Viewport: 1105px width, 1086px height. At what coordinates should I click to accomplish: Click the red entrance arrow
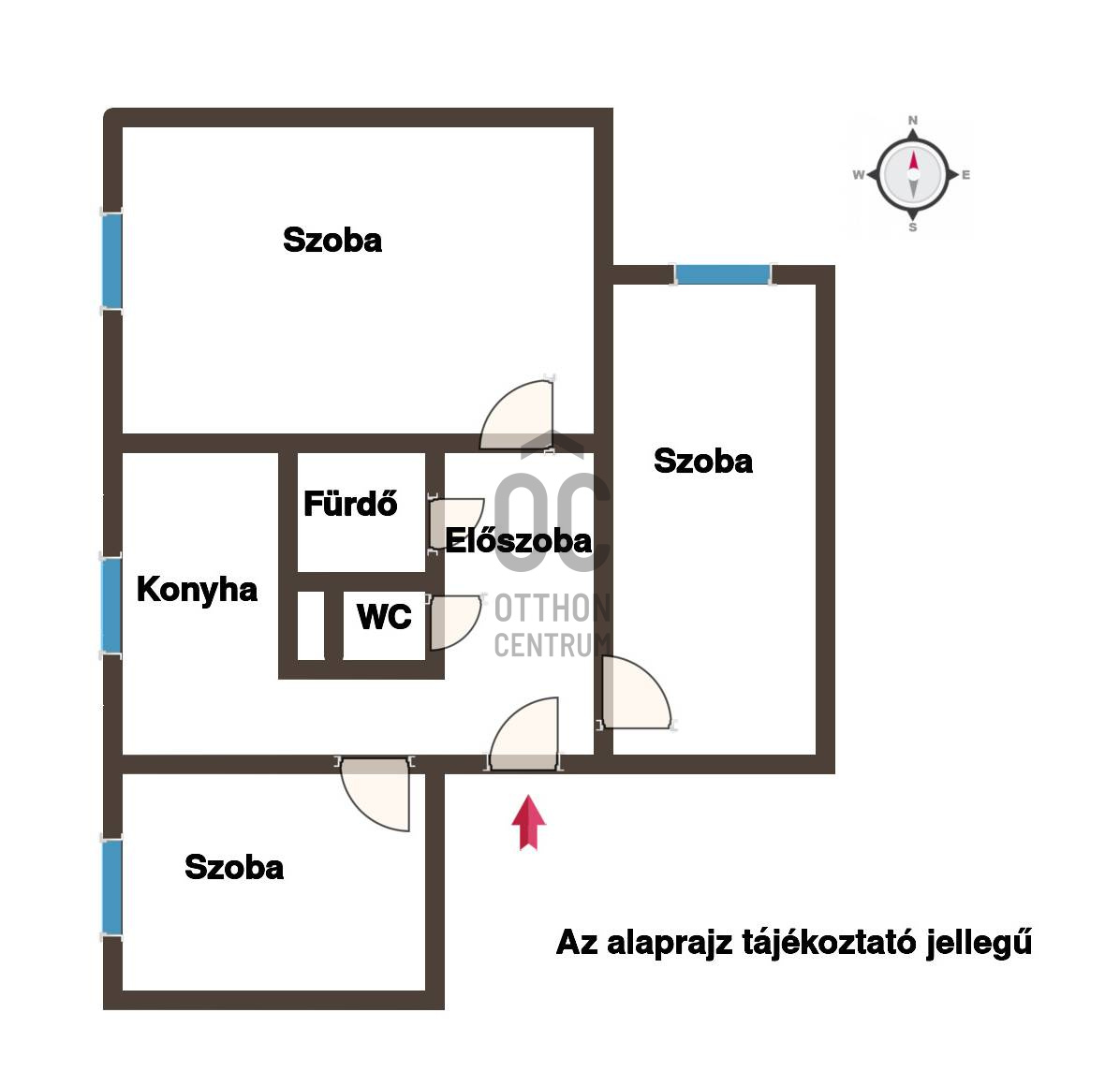point(528,822)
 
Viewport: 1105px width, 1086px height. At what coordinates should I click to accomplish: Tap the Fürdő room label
point(350,504)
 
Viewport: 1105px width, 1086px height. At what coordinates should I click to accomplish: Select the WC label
point(384,617)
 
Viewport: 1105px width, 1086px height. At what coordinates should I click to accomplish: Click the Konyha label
point(197,590)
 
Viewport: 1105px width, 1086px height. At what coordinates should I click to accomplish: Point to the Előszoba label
point(518,540)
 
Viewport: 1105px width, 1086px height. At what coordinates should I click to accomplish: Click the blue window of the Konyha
point(112,606)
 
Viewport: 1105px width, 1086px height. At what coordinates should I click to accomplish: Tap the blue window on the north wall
point(722,274)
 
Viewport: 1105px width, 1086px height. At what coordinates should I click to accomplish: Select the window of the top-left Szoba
point(112,261)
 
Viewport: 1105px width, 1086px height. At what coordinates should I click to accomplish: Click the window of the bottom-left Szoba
point(112,887)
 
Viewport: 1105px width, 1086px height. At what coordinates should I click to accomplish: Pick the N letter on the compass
point(913,121)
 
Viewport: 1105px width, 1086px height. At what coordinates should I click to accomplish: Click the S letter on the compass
point(913,227)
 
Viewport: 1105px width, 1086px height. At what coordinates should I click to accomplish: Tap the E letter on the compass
point(965,175)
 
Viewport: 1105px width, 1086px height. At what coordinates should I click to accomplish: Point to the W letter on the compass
point(859,175)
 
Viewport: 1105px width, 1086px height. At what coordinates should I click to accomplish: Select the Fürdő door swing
point(457,523)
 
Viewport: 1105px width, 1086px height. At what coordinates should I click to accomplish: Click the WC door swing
point(456,622)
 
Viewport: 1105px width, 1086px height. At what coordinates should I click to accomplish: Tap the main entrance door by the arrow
point(524,733)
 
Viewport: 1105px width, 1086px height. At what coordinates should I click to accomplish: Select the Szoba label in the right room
point(703,461)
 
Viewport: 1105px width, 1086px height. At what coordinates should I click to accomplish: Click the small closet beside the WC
point(311,625)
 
